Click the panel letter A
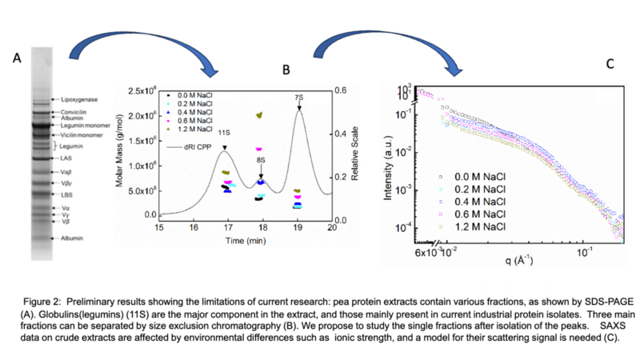coord(16,58)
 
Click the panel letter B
coord(286,70)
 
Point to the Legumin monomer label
coord(82,126)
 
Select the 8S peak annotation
coord(262,159)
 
